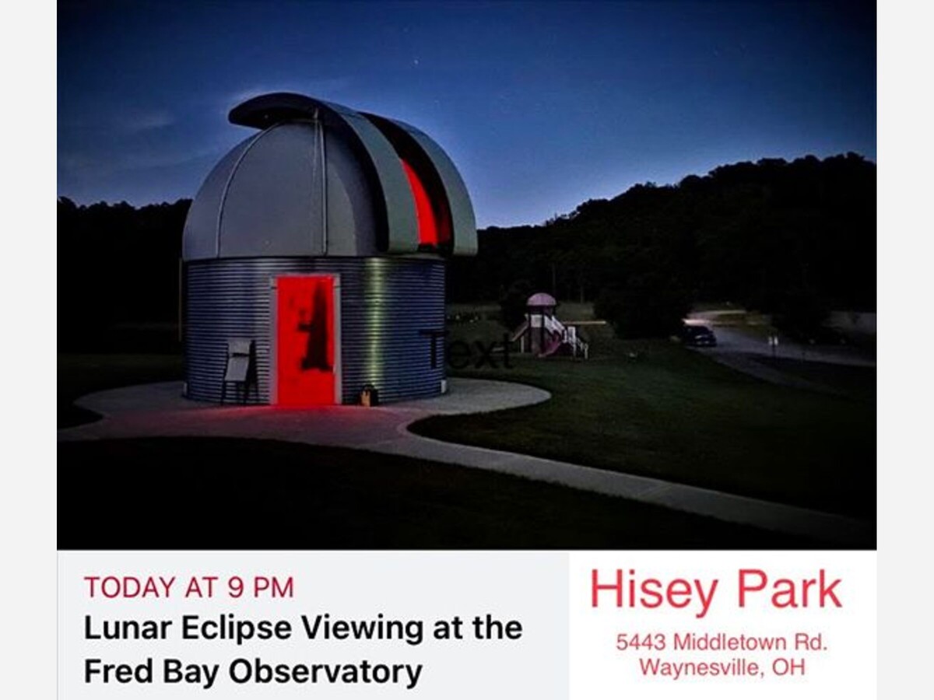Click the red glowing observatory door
click(306, 340)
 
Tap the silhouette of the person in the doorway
click(316, 329)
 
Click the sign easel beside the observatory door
click(239, 369)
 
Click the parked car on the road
click(699, 335)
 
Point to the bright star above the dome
click(416, 62)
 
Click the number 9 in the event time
click(236, 588)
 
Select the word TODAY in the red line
click(130, 588)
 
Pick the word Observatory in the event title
click(325, 672)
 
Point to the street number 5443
click(641, 642)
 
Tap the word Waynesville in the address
click(699, 667)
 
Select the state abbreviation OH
click(789, 667)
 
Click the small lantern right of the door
click(368, 394)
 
